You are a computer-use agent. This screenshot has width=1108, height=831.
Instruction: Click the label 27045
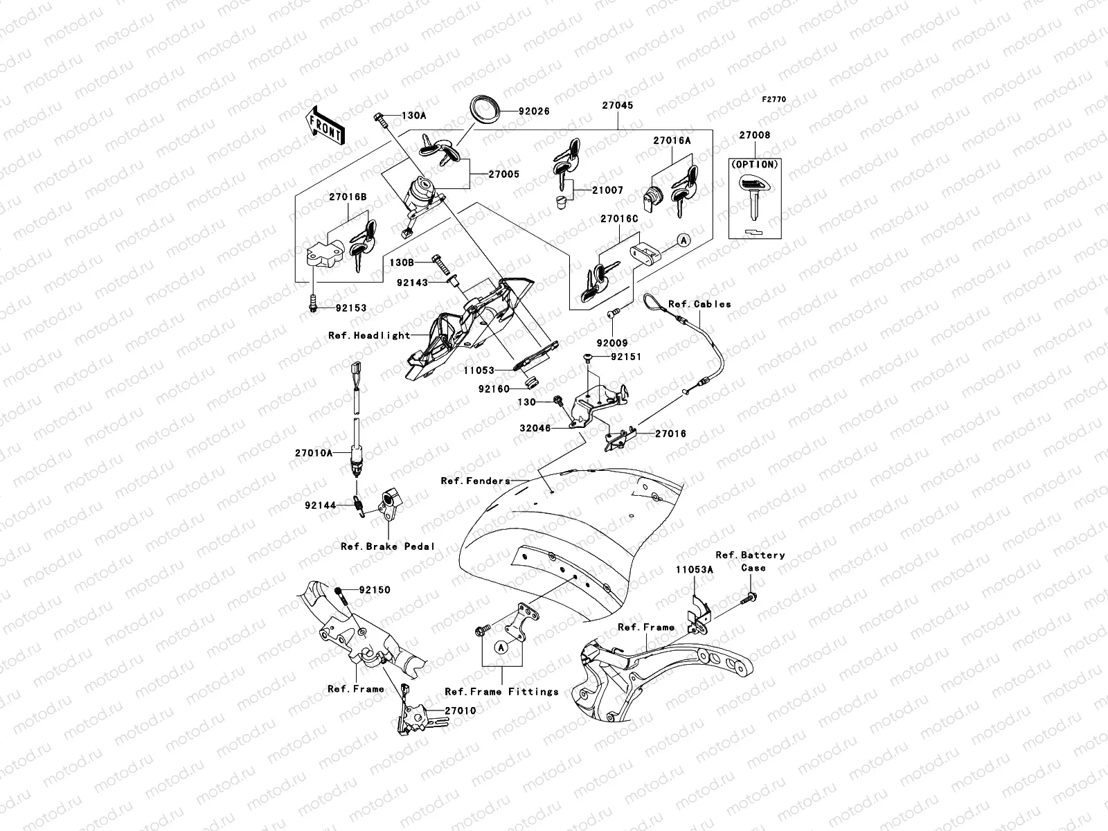(x=616, y=106)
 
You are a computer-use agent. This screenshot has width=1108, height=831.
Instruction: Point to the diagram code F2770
(x=774, y=100)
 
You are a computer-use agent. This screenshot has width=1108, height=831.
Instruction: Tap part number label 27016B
(x=348, y=197)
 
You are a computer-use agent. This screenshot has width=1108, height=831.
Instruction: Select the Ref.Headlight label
(x=369, y=335)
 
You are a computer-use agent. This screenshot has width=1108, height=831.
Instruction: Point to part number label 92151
(x=625, y=357)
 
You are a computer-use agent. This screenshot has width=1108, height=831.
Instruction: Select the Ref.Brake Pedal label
(x=388, y=546)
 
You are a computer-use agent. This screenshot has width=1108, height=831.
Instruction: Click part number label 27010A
(x=314, y=453)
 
